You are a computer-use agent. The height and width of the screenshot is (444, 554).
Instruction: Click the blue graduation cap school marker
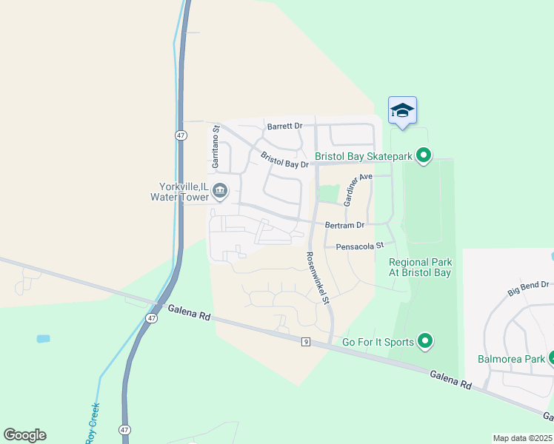pos(402,111)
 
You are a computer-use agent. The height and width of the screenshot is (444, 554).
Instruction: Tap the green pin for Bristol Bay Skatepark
pos(424,156)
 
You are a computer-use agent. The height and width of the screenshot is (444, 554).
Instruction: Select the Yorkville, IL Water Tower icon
pos(220,192)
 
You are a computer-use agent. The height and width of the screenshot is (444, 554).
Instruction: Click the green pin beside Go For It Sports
pos(424,341)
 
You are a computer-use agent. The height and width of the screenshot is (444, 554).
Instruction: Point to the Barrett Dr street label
pos(285,127)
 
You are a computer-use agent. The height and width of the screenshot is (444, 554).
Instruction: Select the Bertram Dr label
pos(344,225)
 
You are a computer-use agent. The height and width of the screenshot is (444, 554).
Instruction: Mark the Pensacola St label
pos(360,246)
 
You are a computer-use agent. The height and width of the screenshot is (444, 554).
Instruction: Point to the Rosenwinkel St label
pos(317,278)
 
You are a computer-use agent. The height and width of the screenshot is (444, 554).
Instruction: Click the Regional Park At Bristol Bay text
pos(420,267)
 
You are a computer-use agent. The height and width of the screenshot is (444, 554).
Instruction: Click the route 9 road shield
pos(304,341)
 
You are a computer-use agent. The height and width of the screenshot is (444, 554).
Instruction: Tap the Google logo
pos(24,434)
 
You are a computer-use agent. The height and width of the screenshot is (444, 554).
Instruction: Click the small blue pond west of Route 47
pos(43,338)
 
